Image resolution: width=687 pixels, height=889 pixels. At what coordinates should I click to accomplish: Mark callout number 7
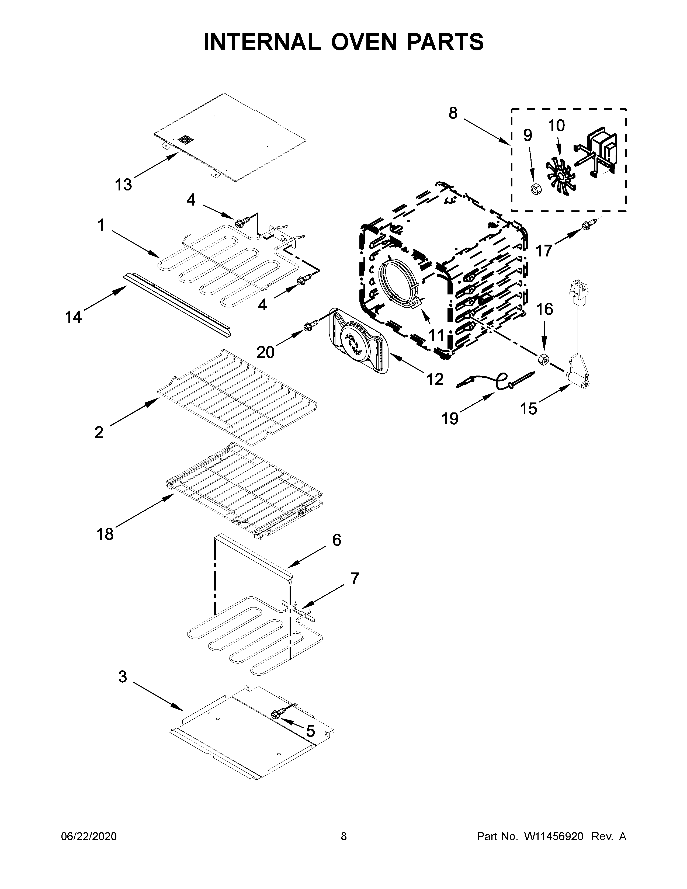[x=355, y=578]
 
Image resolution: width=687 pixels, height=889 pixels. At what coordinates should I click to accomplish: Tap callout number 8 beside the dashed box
[x=453, y=113]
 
